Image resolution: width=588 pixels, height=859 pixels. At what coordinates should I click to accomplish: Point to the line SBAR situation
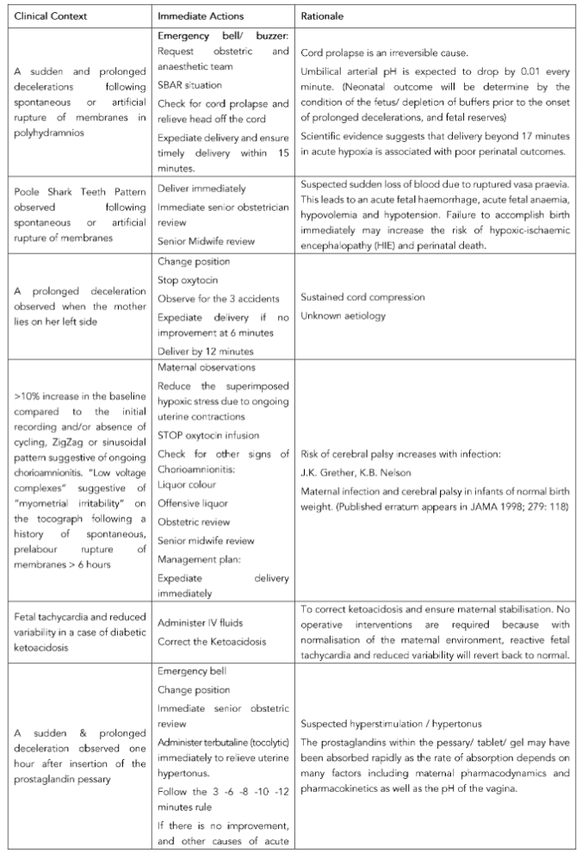(189, 86)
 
